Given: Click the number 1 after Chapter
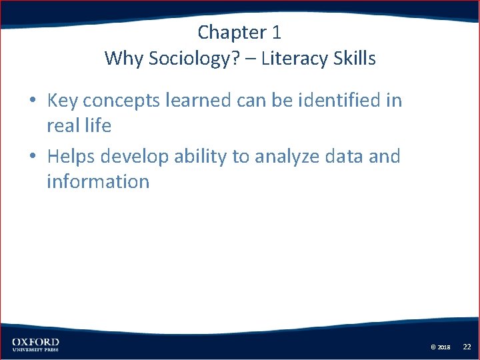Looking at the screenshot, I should [277, 32].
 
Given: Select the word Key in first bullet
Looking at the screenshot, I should [63, 101].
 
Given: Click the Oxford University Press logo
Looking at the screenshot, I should [35, 344].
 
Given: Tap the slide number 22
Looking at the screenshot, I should [467, 347].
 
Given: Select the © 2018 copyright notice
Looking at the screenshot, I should [441, 347].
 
